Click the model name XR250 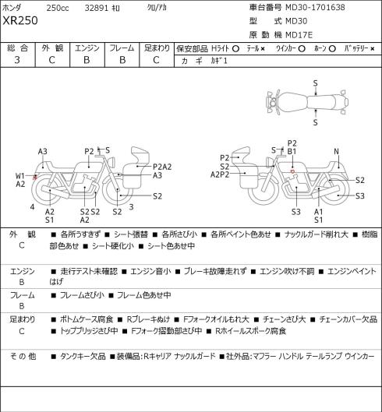20,20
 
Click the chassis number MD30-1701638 315,7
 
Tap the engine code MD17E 299,35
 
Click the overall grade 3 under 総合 17,60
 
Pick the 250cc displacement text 58,8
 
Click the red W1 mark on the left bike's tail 34,178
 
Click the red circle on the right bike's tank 292,171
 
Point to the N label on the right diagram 336,151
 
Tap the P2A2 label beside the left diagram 162,167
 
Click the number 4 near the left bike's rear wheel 32,207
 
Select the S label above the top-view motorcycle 316,83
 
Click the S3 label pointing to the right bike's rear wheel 360,196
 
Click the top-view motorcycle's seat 322,102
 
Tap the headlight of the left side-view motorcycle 111,161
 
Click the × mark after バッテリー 373,49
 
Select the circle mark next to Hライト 235,49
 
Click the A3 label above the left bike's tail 42,151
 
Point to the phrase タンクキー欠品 83,356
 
